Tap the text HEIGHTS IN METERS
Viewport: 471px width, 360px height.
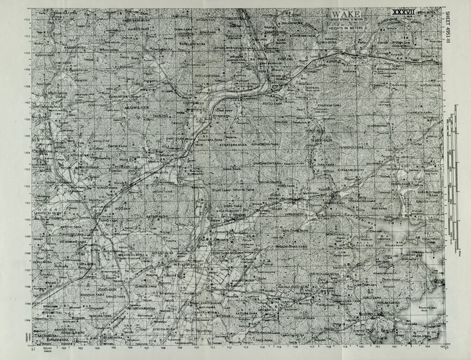(345, 28)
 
